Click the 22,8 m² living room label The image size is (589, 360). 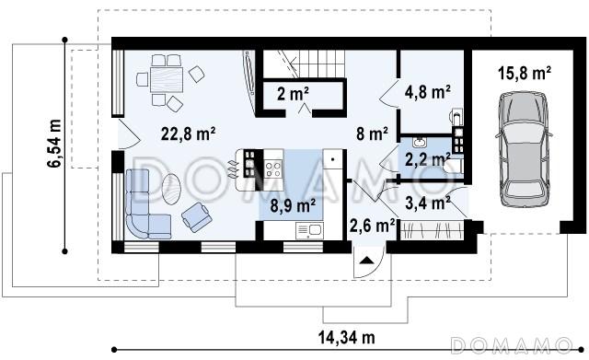point(188,134)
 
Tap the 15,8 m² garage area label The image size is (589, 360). point(525,73)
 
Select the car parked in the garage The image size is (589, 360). point(524,149)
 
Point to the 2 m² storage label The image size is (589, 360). point(293,93)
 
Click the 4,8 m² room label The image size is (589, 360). point(427,92)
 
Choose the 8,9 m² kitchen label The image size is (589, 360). point(293,205)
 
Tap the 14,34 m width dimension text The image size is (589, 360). point(347,338)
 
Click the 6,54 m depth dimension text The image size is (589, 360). point(54,144)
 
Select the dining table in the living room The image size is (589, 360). point(167,80)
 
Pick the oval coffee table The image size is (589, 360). point(171,189)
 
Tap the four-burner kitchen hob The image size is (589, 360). point(273,168)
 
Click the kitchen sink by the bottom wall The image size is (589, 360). point(309,230)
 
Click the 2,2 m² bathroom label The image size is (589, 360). point(427,160)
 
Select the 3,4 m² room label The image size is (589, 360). point(428,203)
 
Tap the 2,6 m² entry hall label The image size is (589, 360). point(372,226)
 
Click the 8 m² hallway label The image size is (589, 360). point(372,134)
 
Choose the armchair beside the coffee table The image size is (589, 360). point(197,216)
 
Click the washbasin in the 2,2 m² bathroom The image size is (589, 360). point(418,143)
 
